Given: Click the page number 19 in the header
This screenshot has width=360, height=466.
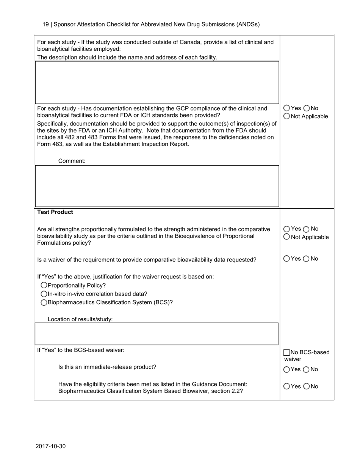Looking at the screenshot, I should point(45,24).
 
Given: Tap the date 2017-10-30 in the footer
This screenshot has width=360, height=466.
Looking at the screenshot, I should point(50,446).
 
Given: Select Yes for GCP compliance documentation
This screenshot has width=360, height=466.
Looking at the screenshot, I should point(286,108).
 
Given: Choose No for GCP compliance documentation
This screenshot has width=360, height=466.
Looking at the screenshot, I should point(307,108).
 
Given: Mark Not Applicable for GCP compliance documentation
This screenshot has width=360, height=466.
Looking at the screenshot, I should point(286,116).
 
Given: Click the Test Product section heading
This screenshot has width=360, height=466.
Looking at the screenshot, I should point(55,212).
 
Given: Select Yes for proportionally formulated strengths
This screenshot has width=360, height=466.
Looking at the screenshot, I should point(286,229).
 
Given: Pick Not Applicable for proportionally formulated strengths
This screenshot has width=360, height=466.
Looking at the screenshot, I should point(286,237).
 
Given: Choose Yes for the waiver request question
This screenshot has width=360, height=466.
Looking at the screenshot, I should point(286,259).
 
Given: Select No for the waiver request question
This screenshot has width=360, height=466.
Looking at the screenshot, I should point(307,259).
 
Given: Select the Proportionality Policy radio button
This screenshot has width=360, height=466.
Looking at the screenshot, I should point(44,285).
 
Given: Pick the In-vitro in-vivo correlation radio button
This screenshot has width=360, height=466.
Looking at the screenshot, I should point(44,294).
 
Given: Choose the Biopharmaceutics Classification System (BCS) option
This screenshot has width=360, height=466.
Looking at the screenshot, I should point(44,302).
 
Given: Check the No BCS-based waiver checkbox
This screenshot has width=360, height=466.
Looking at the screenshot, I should point(287,353).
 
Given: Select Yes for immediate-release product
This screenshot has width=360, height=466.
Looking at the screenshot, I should point(286,369).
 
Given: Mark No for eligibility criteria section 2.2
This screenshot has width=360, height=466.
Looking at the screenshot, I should point(307,386).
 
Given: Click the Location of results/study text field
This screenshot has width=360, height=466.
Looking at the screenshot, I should point(157,334).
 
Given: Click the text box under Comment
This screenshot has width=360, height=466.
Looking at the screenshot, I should point(157,186).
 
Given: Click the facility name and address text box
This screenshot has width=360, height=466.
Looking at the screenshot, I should point(157,82).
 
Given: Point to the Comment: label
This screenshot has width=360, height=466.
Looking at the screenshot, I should point(72,161).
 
